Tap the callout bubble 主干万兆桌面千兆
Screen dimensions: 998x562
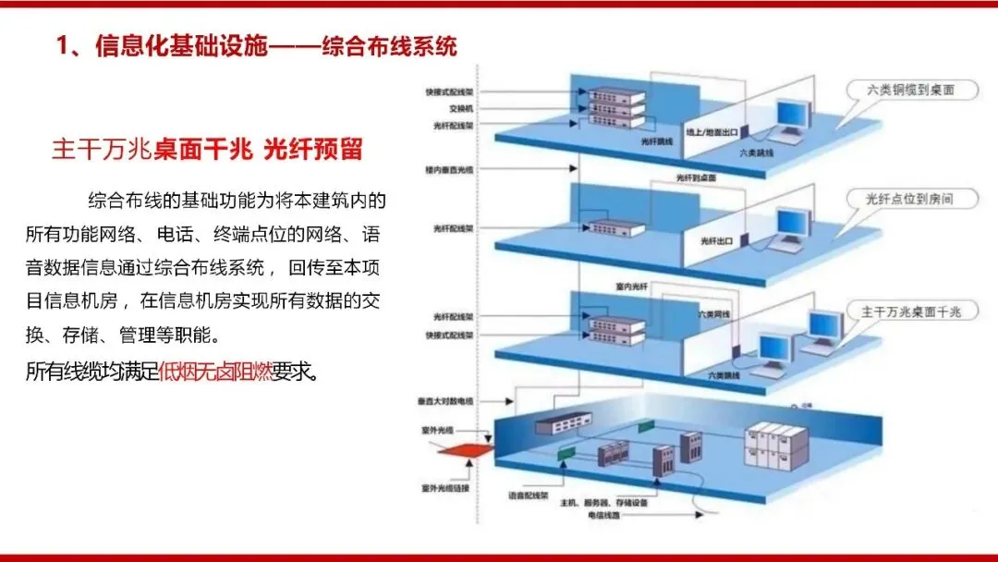[x=910, y=312]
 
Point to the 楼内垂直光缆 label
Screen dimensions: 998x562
[x=448, y=170]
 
